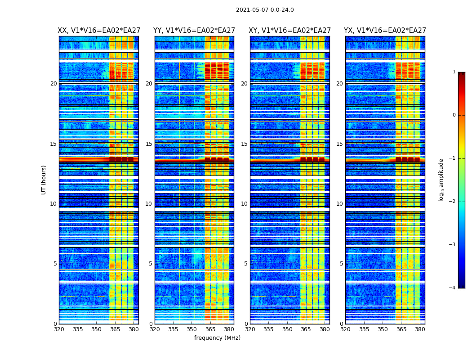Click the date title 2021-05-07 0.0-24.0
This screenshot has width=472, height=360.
265,10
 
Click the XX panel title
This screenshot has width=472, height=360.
99,31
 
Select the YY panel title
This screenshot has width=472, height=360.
194,31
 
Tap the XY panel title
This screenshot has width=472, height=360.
290,31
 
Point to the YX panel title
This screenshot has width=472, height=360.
385,31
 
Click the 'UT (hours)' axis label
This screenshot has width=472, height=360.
44,180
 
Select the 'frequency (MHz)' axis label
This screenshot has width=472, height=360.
217,338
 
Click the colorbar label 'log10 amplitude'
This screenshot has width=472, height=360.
441,180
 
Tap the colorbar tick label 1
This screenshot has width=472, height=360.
454,72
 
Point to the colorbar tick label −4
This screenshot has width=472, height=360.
452,288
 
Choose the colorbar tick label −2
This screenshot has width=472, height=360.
452,202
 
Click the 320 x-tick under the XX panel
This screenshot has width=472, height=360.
59,329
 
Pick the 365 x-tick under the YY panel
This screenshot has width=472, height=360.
210,329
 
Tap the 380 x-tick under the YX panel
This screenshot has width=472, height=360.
420,329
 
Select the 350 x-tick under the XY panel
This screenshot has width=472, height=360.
287,329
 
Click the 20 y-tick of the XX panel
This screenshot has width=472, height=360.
53,84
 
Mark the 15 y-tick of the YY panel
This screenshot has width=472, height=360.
149,144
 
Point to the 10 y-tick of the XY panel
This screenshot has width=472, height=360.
244,204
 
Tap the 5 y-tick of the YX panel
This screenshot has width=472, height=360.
341,264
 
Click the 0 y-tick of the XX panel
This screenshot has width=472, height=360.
55,324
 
